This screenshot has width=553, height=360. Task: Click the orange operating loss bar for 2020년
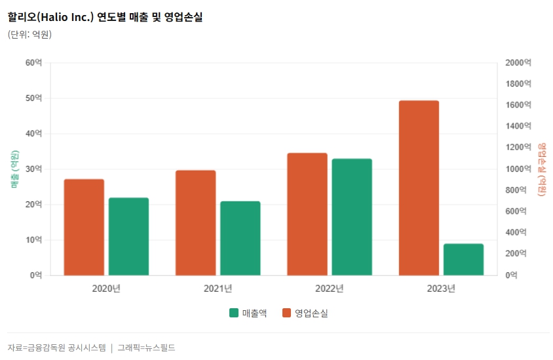coord(84,227)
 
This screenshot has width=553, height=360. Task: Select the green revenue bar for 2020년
coord(128,236)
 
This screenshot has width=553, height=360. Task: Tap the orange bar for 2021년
coord(195,222)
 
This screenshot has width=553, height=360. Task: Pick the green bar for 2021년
coord(240,238)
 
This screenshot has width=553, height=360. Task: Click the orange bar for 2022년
coord(307,214)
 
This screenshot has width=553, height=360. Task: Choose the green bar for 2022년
coord(352,216)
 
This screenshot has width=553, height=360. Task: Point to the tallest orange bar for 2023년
coord(419,188)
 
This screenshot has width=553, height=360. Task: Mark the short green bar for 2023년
coord(463,259)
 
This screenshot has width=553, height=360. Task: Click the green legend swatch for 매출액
coord(234,313)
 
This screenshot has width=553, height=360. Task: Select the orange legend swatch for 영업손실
coord(287,313)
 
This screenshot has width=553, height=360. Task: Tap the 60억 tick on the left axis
coord(33,63)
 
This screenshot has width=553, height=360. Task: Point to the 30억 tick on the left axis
coord(33,169)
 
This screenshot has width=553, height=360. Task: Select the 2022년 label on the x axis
coord(329,289)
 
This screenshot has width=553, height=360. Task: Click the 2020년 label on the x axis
coord(106,289)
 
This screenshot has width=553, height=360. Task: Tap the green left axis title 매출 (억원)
coord(14,169)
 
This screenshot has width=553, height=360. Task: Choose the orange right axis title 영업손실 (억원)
coord(541,169)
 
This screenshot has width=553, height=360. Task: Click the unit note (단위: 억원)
coord(29,34)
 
